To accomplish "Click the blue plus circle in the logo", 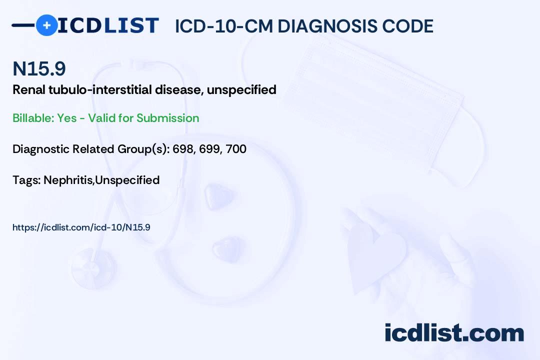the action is click(x=47, y=25).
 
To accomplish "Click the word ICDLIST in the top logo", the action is click(x=108, y=25).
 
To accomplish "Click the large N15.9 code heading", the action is click(x=39, y=68).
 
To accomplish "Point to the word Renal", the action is click(x=29, y=89).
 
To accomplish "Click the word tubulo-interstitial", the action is click(x=100, y=89).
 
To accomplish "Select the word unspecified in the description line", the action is click(x=241, y=90).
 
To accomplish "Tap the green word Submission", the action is click(x=167, y=118).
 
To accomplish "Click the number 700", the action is click(x=236, y=149).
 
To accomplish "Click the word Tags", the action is click(x=26, y=180).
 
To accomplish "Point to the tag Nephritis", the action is click(x=68, y=180).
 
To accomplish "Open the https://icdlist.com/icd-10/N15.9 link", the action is click(x=81, y=227).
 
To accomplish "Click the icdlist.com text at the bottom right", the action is click(x=454, y=333).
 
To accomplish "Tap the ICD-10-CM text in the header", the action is click(x=224, y=26).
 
